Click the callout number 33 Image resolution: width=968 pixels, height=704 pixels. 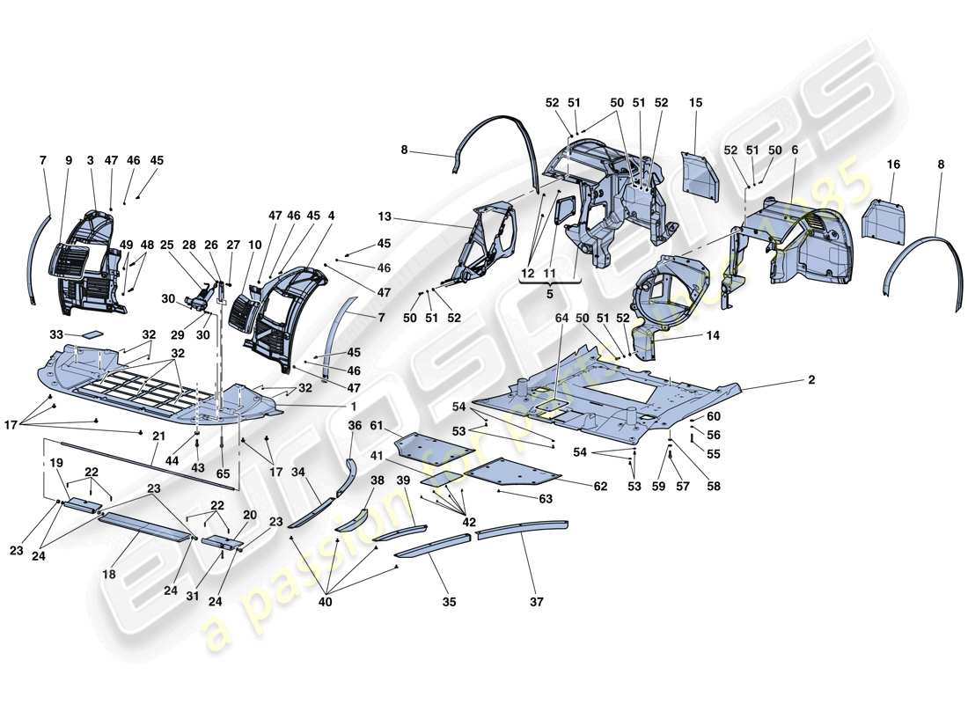pos(55,334)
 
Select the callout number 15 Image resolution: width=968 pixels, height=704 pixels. pos(696,104)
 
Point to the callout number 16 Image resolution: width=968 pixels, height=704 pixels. pos(893,165)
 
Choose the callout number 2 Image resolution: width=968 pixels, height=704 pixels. pos(810,379)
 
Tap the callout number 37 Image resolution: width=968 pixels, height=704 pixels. pos(537,603)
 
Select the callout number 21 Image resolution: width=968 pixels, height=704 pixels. pos(158,436)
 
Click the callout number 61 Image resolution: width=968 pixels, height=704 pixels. pos(377,426)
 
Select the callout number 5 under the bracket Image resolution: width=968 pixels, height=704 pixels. pos(549,294)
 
